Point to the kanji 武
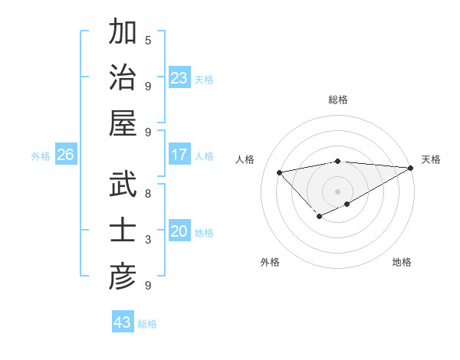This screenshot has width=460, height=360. (123, 185)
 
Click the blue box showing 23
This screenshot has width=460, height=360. (179, 77)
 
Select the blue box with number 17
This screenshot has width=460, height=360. (179, 155)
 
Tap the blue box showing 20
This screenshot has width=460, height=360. (179, 231)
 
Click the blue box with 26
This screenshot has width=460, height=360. (65, 155)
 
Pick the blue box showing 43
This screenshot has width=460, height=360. (123, 322)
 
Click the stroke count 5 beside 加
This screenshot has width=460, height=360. (148, 40)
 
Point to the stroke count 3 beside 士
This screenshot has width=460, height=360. (148, 240)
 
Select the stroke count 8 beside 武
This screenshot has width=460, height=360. (148, 194)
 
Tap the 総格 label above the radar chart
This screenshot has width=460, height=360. (338, 100)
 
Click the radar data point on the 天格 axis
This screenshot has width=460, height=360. (412, 169)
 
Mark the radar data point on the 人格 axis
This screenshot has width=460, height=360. (280, 172)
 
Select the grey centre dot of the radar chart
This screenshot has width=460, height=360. (338, 191)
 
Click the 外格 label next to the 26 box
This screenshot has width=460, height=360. (41, 155)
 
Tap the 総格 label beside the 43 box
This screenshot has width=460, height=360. (147, 323)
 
